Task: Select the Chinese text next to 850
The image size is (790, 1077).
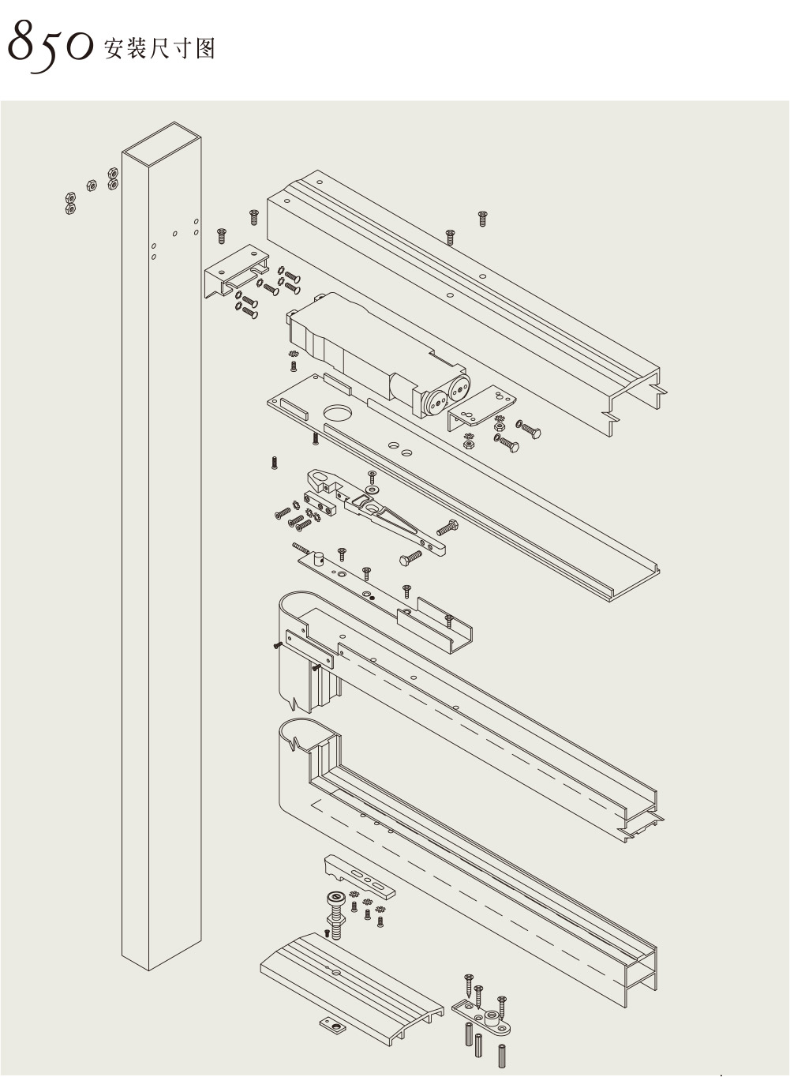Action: pyautogui.click(x=158, y=49)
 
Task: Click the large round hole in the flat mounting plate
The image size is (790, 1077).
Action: pyautogui.click(x=337, y=412)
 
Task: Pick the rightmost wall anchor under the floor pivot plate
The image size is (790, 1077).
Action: pyautogui.click(x=502, y=1055)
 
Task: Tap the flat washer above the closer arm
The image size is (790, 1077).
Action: pyautogui.click(x=371, y=490)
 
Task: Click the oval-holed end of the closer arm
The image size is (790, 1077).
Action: pyautogui.click(x=319, y=478)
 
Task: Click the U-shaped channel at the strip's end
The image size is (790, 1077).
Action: pyautogui.click(x=442, y=624)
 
